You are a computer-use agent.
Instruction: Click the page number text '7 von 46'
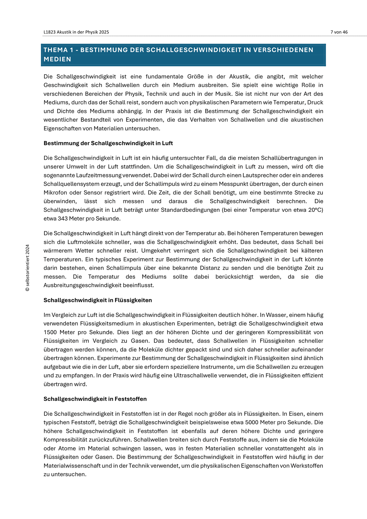339,32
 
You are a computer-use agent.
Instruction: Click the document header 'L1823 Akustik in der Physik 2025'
76,32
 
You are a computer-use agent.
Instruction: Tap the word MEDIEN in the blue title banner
57,59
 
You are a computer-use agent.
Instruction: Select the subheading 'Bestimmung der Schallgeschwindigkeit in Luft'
108,143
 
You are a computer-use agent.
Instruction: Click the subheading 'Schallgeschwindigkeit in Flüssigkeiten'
98,300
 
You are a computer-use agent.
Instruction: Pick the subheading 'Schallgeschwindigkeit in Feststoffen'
95,399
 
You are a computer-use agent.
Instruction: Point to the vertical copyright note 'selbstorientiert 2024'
28,268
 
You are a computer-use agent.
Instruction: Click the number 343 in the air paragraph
62,218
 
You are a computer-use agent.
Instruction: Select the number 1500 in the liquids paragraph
50,332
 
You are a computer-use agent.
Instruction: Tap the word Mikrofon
55,193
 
